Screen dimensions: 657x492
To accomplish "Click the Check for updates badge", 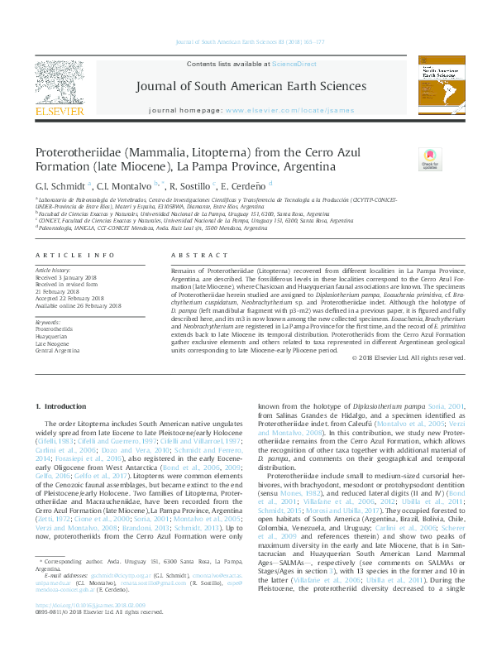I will point(429,158).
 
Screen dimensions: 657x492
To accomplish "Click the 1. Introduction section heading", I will point(63,406).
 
